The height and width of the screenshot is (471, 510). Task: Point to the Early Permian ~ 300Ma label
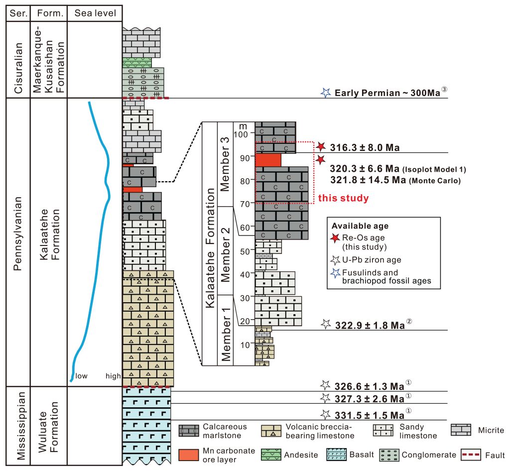tap(387, 93)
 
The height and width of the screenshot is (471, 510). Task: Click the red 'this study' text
tap(343, 198)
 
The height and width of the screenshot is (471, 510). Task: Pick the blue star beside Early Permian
tap(326, 93)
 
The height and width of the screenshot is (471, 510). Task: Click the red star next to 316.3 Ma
tap(321, 146)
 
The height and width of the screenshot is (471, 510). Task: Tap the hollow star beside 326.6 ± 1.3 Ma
tap(325, 385)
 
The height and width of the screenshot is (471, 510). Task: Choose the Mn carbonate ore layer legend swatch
tap(189, 455)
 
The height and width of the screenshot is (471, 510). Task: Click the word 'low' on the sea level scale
tap(81, 376)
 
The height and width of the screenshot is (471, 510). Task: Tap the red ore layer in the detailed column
tap(268, 160)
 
